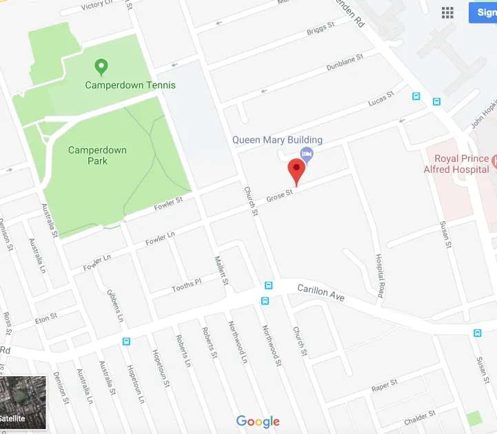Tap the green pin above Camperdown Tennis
pos(101,67)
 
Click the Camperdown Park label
pos(88,155)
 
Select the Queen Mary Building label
pos(277,140)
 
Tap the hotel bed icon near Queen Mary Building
pos(307,154)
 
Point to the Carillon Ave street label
pos(321,292)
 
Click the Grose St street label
pos(280,196)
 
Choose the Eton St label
pos(46,319)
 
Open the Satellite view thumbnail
pos(23,403)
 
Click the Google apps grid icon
pos(447,13)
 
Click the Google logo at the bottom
pos(258,422)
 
